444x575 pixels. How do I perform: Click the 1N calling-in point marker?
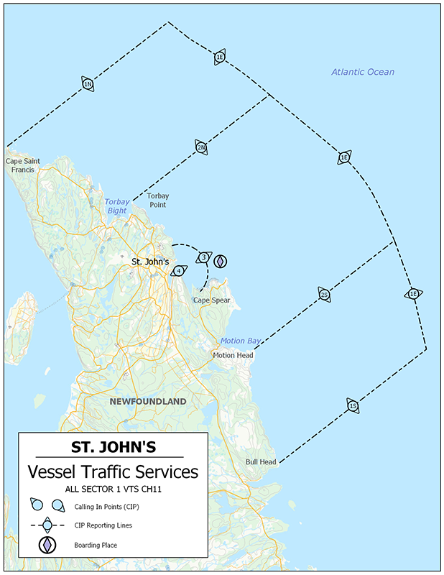click(x=88, y=84)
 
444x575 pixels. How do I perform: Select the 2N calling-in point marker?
click(x=201, y=147)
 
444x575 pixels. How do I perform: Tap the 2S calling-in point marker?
click(x=324, y=295)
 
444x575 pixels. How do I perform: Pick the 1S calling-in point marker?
click(x=352, y=406)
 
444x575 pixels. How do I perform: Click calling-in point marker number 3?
click(x=204, y=257)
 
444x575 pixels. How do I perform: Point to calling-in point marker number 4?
click(x=179, y=271)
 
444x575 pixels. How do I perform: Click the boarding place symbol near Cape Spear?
click(x=221, y=260)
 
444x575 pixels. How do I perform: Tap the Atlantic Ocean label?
click(x=363, y=72)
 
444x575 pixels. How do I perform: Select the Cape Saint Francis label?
click(x=24, y=165)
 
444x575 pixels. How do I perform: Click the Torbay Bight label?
click(x=117, y=206)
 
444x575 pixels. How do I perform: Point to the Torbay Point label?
click(x=157, y=200)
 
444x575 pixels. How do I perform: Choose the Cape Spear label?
click(x=211, y=300)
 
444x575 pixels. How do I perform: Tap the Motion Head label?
click(x=233, y=355)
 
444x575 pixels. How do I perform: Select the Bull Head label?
click(x=261, y=462)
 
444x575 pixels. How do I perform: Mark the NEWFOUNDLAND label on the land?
click(x=148, y=401)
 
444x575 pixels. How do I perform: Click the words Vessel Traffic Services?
click(x=112, y=472)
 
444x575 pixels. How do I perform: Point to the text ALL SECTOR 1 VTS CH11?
click(x=112, y=489)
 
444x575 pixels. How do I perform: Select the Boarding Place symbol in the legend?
click(x=47, y=546)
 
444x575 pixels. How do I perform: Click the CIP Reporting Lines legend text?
click(x=103, y=525)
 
